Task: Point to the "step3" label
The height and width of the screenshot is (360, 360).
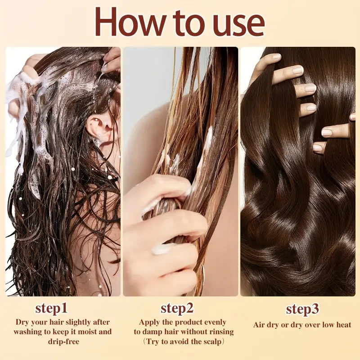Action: [x=302, y=310]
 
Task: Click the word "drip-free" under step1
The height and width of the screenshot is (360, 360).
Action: [x=63, y=342]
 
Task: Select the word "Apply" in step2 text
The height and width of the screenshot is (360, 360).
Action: [x=149, y=322]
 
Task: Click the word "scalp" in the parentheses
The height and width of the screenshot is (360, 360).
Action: [x=211, y=342]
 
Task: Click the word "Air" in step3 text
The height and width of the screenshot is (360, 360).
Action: [x=260, y=325]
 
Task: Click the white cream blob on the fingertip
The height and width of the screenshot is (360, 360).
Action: [x=163, y=248]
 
